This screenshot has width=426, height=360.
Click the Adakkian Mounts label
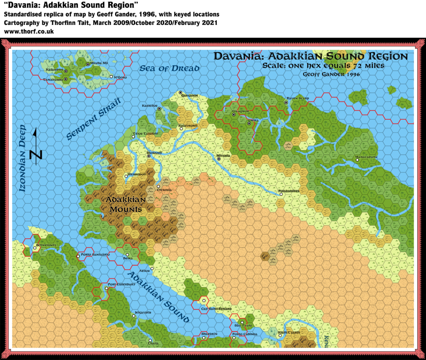tap(126, 204)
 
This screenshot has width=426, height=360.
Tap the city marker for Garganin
tap(181, 92)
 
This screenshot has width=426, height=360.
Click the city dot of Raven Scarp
tap(286, 102)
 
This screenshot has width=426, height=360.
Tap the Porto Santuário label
tap(95, 254)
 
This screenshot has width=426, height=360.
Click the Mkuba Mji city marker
tap(88, 64)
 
